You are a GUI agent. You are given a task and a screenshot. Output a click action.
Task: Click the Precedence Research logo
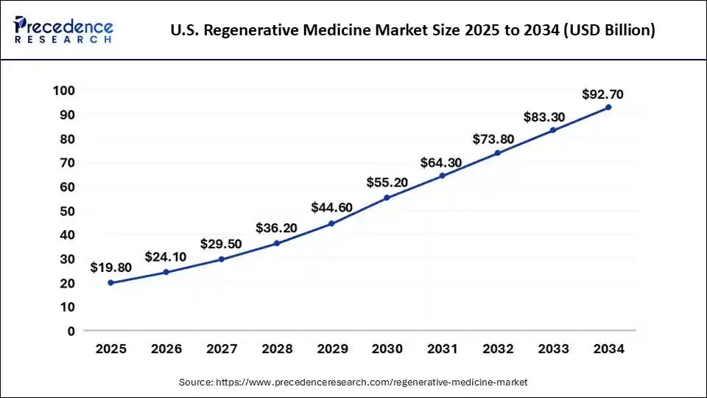(63, 29)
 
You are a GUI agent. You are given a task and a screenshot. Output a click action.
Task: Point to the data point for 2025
(110, 282)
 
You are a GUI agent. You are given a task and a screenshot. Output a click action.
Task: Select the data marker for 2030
(387, 198)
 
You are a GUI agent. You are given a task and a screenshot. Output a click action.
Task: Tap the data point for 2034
(608, 107)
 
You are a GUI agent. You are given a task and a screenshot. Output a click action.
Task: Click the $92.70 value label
(602, 94)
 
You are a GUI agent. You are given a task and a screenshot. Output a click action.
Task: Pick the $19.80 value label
(110, 268)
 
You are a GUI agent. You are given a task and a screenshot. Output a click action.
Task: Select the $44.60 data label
(331, 207)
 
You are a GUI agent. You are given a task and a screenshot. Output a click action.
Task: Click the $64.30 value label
(442, 162)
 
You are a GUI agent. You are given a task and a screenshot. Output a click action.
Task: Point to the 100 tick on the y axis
(65, 91)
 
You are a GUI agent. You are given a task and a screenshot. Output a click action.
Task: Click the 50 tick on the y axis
(68, 211)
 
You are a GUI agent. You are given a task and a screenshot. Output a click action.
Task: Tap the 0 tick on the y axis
(71, 331)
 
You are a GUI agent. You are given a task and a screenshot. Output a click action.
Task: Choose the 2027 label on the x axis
(221, 349)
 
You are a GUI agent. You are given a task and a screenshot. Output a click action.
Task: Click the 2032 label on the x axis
(497, 349)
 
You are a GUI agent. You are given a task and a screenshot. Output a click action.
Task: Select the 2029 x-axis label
(331, 349)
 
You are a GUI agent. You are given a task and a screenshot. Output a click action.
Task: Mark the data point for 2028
(276, 243)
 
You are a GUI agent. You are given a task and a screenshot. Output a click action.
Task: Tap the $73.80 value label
(497, 139)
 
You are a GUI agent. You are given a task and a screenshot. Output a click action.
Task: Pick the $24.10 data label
(166, 257)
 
